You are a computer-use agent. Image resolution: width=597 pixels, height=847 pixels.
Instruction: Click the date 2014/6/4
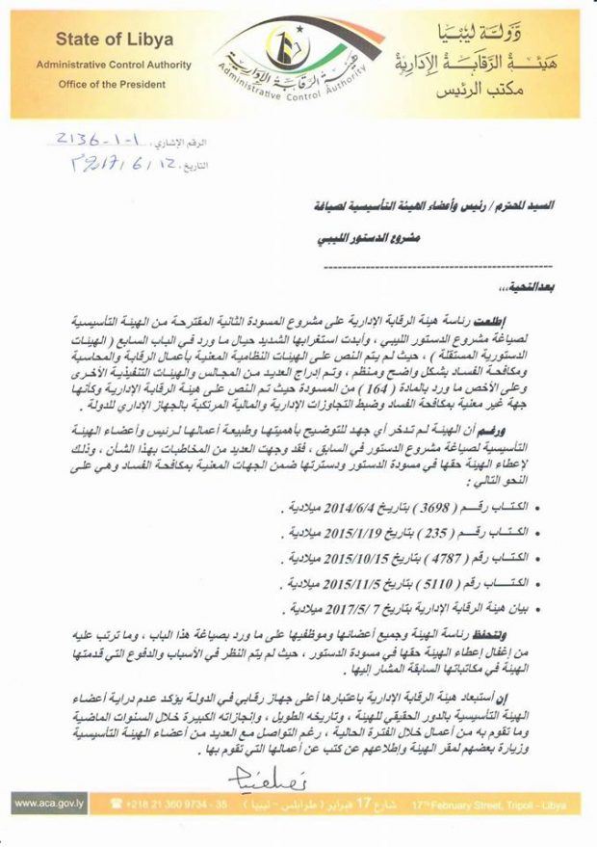click(351, 507)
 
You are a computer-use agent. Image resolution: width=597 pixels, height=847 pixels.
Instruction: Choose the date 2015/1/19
click(350, 532)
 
